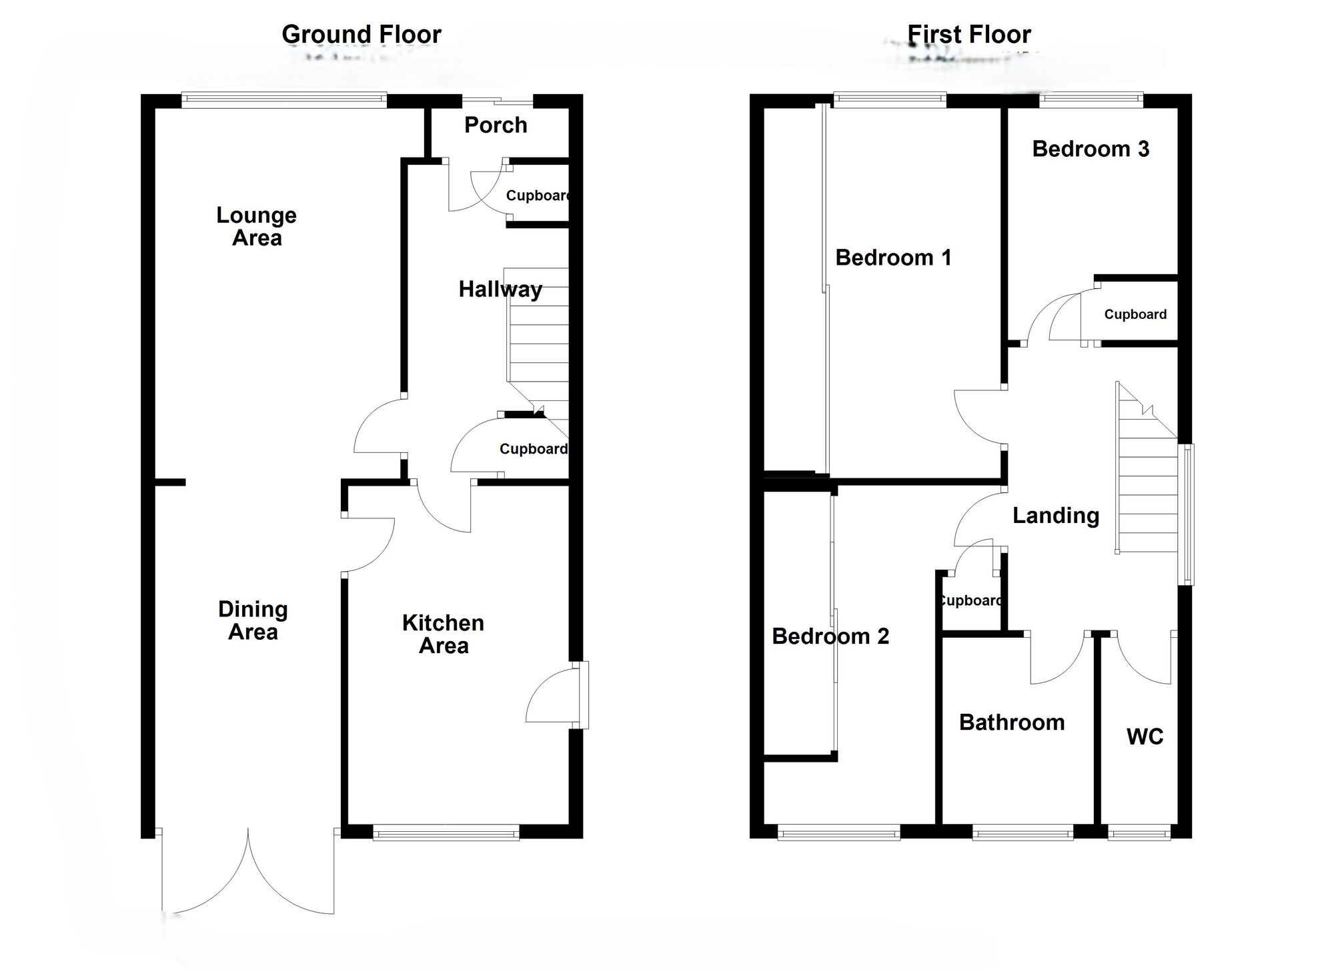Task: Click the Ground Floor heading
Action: tap(361, 35)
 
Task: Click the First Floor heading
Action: tap(968, 35)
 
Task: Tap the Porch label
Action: tap(496, 125)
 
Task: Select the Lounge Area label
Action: tap(257, 226)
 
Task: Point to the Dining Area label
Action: tap(253, 620)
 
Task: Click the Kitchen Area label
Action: tap(443, 634)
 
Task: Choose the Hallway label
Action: tap(500, 290)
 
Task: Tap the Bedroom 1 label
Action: tap(892, 258)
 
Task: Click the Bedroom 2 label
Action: tap(830, 636)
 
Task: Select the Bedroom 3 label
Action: tap(1091, 149)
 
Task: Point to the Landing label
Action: tap(1055, 516)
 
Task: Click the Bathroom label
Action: tap(1011, 722)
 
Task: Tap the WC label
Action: tap(1145, 737)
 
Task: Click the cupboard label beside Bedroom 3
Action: tap(1135, 314)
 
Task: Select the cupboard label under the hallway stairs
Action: tap(533, 449)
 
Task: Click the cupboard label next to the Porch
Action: tap(538, 195)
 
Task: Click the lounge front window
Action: tap(284, 101)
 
